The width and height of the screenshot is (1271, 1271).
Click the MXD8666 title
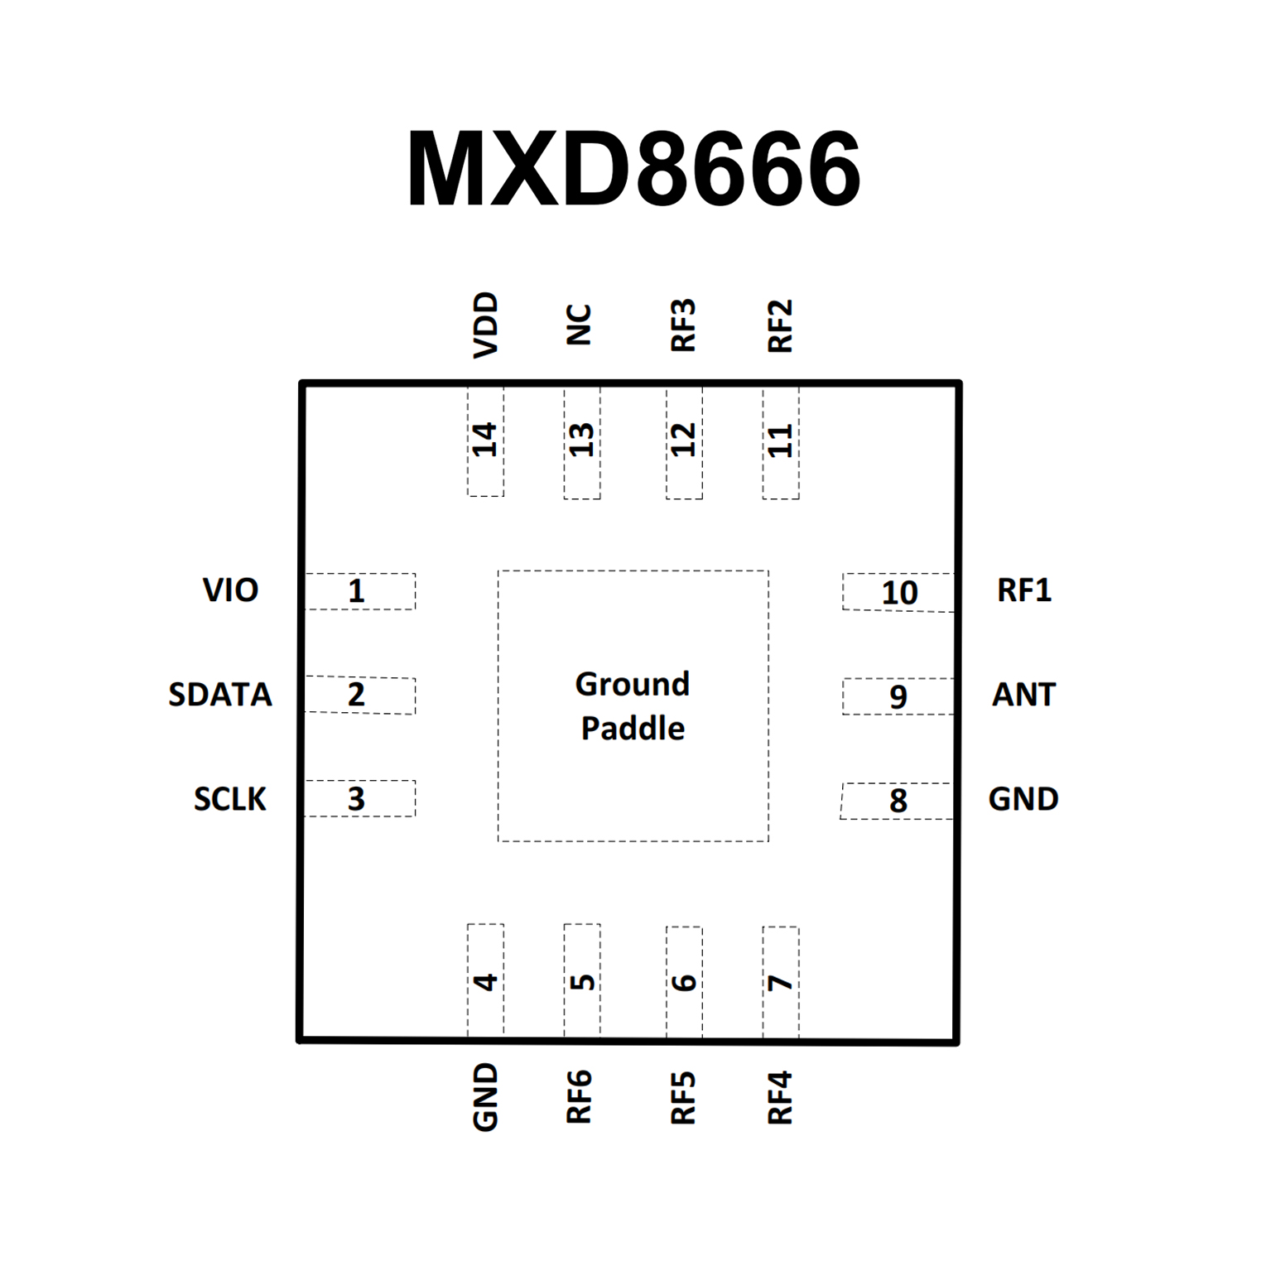(x=633, y=169)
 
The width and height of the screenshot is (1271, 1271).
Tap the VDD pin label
(x=485, y=325)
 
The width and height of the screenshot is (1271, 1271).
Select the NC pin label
(x=579, y=325)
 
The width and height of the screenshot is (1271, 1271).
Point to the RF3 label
(x=683, y=325)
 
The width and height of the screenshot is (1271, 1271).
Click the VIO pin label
(x=230, y=590)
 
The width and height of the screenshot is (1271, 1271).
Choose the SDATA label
(x=220, y=695)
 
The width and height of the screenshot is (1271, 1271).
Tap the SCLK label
(x=230, y=799)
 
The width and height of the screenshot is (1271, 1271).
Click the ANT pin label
(x=1023, y=695)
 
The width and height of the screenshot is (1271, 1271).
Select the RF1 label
(x=1024, y=590)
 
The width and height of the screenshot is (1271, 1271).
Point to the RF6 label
(x=579, y=1096)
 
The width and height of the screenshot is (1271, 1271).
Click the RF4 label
(x=780, y=1097)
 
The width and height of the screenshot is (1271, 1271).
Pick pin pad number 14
(x=485, y=441)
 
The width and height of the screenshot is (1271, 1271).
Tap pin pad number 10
(x=898, y=593)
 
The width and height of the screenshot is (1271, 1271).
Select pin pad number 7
(x=780, y=982)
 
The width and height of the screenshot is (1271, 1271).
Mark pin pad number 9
(x=898, y=696)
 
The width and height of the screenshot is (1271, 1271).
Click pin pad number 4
(x=485, y=981)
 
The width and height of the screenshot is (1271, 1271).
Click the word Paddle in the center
(x=633, y=729)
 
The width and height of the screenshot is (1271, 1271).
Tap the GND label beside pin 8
(x=1023, y=799)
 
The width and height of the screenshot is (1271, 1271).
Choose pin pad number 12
(x=684, y=441)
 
